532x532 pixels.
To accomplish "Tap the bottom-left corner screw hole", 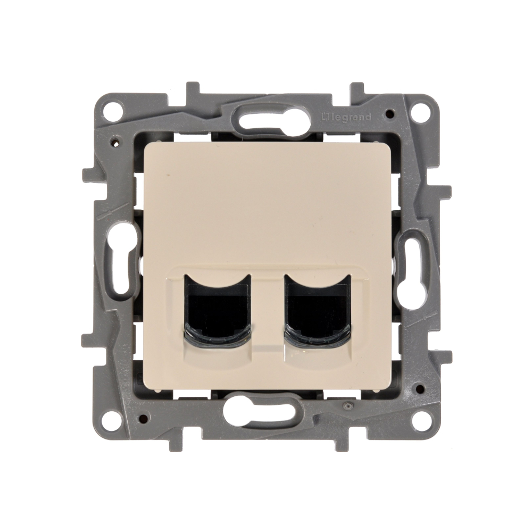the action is coord(112,421).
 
